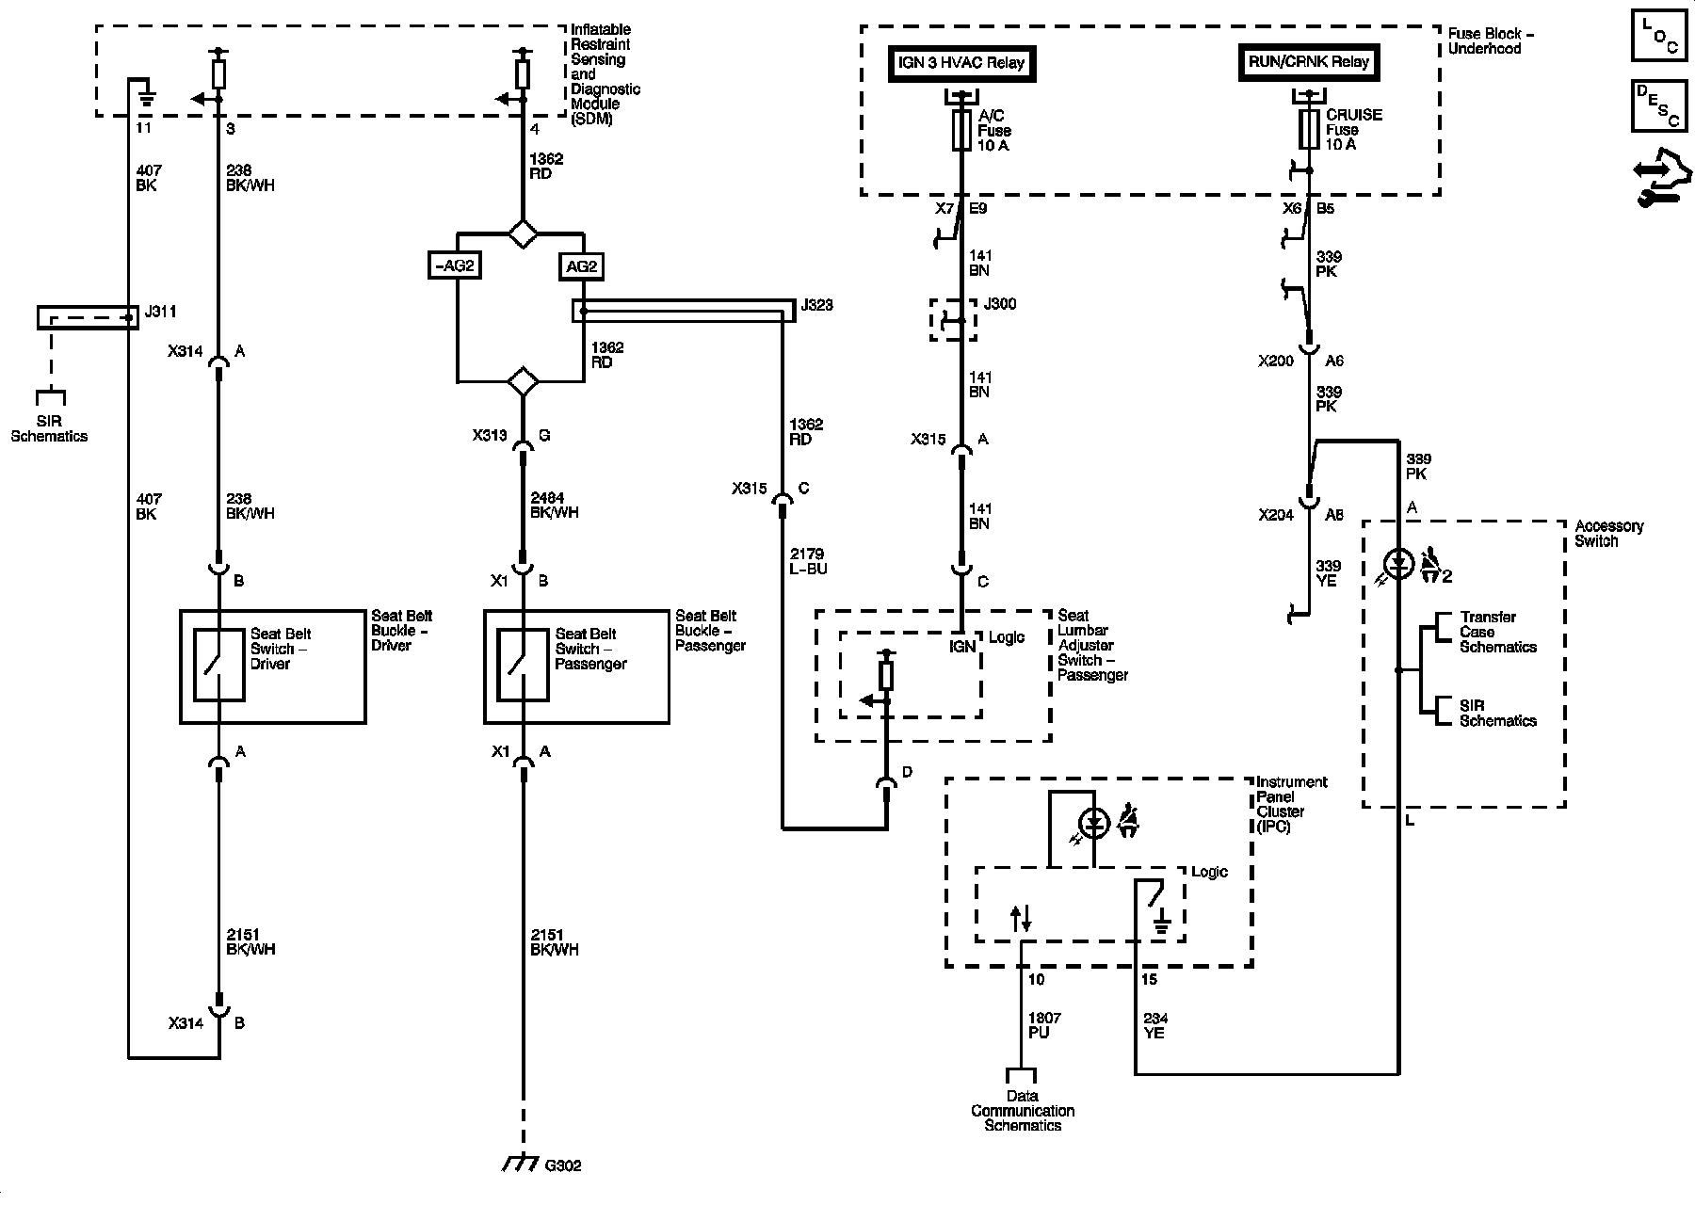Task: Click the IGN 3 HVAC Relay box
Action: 960,64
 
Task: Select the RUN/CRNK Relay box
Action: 1309,62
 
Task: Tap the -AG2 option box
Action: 456,266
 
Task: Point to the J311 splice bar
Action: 88,317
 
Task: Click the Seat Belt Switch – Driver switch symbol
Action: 219,665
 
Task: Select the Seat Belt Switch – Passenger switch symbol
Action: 524,665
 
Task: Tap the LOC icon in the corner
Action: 1658,36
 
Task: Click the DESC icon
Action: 1658,106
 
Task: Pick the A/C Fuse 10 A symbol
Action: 960,130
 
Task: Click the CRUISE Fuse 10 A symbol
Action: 1309,129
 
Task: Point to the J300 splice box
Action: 953,320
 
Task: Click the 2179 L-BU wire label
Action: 808,562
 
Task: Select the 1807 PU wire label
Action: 1044,1025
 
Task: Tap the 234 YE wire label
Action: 1155,1025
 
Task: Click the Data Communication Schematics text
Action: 1023,1111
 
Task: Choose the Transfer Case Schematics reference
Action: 1498,632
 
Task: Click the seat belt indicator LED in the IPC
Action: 1093,825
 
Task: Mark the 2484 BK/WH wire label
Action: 555,506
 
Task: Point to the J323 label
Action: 816,306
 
